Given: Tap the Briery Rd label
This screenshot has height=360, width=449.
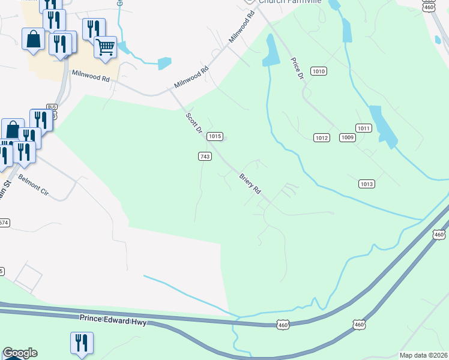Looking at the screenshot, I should point(250,184).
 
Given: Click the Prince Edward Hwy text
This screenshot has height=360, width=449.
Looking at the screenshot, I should point(113,320).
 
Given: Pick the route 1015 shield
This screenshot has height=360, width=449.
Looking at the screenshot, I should point(215,137).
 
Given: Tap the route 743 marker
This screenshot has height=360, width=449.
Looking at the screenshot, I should point(205,156).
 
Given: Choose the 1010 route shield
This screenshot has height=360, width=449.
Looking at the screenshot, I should point(318,71).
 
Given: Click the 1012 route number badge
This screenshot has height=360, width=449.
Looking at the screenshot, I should point(322,138).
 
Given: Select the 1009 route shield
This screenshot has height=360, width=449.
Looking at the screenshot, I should point(348,138).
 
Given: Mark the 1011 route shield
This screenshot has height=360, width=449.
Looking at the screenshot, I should point(363,128).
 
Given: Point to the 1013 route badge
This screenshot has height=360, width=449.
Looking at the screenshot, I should point(367,184).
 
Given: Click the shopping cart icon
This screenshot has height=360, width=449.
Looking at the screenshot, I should point(106,46).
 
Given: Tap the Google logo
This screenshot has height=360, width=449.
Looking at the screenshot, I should point(20,353).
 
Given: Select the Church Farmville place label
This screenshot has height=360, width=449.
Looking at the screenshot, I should point(290,2).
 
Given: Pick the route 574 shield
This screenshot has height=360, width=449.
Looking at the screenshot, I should point(4,223).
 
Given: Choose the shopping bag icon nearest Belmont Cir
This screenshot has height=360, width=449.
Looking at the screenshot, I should point(13,129).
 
